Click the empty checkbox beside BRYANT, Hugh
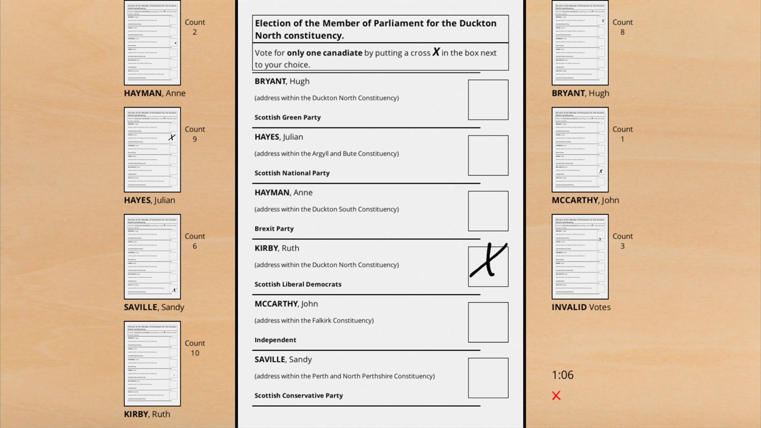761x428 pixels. click(488, 100)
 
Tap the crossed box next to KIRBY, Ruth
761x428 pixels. click(488, 266)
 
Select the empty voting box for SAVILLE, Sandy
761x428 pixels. click(488, 378)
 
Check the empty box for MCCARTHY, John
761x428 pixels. click(488, 322)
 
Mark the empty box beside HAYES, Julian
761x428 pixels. click(488, 156)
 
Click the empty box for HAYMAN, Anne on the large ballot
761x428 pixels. click(488, 211)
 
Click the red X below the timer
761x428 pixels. click(556, 395)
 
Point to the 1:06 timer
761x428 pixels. click(562, 375)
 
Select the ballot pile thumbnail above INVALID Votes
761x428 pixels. click(580, 257)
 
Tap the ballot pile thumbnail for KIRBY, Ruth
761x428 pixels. click(152, 364)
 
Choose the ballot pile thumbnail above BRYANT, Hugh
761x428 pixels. click(580, 43)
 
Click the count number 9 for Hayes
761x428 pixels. click(195, 139)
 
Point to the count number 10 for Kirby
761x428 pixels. click(195, 353)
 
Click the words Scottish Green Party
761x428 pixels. click(288, 117)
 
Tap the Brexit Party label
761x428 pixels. click(274, 228)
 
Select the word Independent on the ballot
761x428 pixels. click(275, 340)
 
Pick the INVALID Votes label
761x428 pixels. click(581, 307)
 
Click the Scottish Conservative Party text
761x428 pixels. click(299, 395)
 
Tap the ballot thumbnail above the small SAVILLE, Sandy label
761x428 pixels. click(152, 257)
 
